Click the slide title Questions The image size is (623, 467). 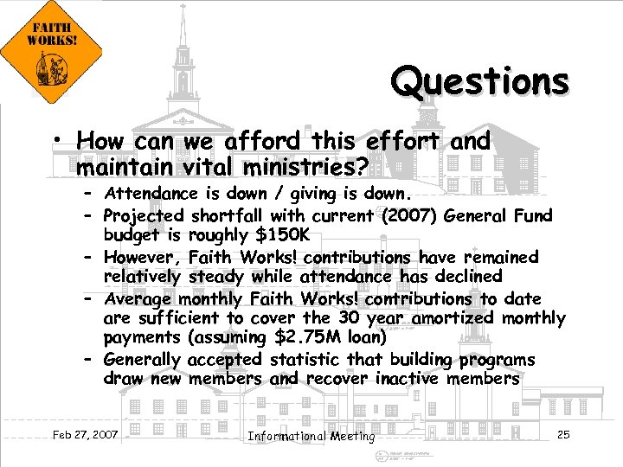[480, 83]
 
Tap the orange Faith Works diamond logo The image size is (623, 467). [51, 52]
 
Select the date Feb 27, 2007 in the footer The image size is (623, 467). [85, 433]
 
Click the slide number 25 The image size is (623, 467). [563, 434]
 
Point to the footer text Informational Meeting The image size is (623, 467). [311, 436]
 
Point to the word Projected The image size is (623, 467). [144, 214]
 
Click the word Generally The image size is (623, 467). [142, 359]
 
